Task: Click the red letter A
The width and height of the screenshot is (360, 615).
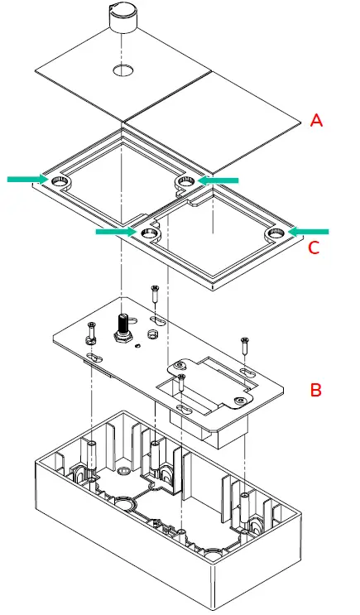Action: tap(316, 121)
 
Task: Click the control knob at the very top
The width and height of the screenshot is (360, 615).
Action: tap(122, 18)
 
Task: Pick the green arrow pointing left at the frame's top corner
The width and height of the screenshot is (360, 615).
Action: tap(218, 179)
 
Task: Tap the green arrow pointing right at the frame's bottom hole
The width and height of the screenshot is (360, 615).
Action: tap(115, 233)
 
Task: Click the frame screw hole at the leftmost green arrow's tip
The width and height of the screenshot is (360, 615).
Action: tap(59, 180)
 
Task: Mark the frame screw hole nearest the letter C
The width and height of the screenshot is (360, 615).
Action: tap(275, 235)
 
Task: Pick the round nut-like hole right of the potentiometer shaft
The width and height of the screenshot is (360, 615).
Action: tap(151, 333)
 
